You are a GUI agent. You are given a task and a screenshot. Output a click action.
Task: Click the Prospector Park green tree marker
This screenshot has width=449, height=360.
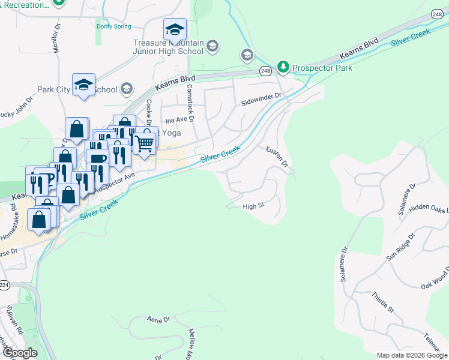click(x=283, y=67)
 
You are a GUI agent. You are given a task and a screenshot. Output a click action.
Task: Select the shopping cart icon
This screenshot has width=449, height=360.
click(x=144, y=143)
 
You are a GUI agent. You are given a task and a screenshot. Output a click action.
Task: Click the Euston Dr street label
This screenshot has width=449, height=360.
click(x=277, y=155)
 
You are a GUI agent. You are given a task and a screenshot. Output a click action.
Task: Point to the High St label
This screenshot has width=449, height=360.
click(x=253, y=206)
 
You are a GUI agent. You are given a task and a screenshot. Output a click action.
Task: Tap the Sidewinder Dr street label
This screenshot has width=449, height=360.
click(x=261, y=95)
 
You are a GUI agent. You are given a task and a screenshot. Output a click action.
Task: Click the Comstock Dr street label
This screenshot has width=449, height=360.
click(x=191, y=103)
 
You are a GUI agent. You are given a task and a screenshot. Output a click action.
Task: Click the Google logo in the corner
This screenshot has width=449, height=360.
click(x=19, y=353)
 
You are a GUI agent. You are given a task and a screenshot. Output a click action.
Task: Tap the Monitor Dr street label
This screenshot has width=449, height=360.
click(x=58, y=38)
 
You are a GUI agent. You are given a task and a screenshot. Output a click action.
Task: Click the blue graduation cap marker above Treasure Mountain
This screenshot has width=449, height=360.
click(x=175, y=29)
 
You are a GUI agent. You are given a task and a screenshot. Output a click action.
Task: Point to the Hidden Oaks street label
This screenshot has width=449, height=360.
click(x=429, y=208)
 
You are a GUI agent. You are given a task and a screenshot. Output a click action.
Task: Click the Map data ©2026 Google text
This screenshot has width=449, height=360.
click(x=412, y=355)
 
